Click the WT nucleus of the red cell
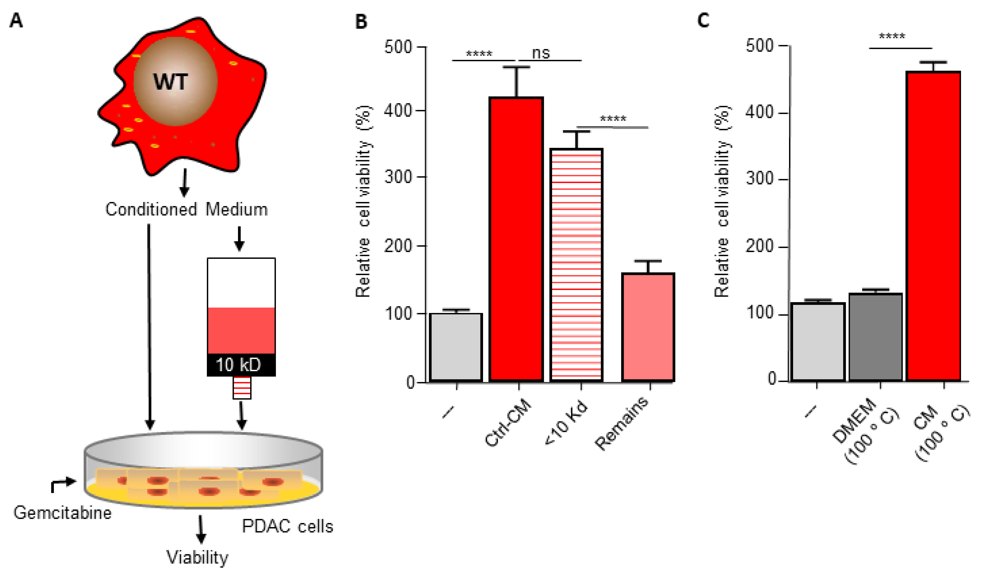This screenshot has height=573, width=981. coord(175,82)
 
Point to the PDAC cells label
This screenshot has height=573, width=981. coord(287,526)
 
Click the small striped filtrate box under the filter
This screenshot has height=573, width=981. coord(242,388)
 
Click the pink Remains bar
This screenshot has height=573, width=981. coord(648,327)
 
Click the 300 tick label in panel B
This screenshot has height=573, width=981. coord(398,177)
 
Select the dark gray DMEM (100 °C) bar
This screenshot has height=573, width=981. coord(875,337)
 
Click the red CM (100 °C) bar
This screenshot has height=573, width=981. coord(933,226)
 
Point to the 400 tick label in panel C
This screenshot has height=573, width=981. coord(759,113)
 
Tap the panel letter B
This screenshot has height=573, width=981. coord(361,21)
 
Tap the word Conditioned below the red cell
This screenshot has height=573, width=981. coord(151,209)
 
